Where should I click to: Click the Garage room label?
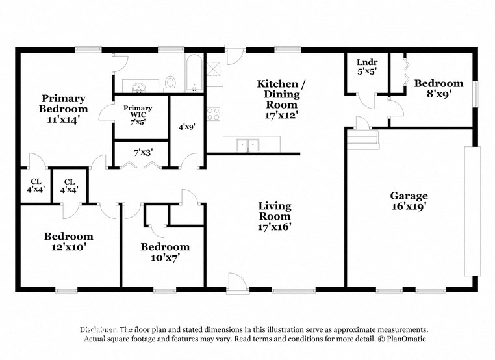click(x=409, y=201)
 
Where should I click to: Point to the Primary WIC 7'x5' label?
click(x=137, y=115)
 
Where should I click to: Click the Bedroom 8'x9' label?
click(x=438, y=88)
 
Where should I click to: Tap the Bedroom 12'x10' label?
click(x=68, y=242)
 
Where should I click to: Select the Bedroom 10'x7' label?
click(x=165, y=251)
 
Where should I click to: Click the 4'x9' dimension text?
click(x=186, y=127)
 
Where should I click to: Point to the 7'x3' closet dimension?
click(x=142, y=152)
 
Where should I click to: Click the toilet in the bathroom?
click(x=171, y=83)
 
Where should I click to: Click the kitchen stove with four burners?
click(x=214, y=114)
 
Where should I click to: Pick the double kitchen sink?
click(x=247, y=145)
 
